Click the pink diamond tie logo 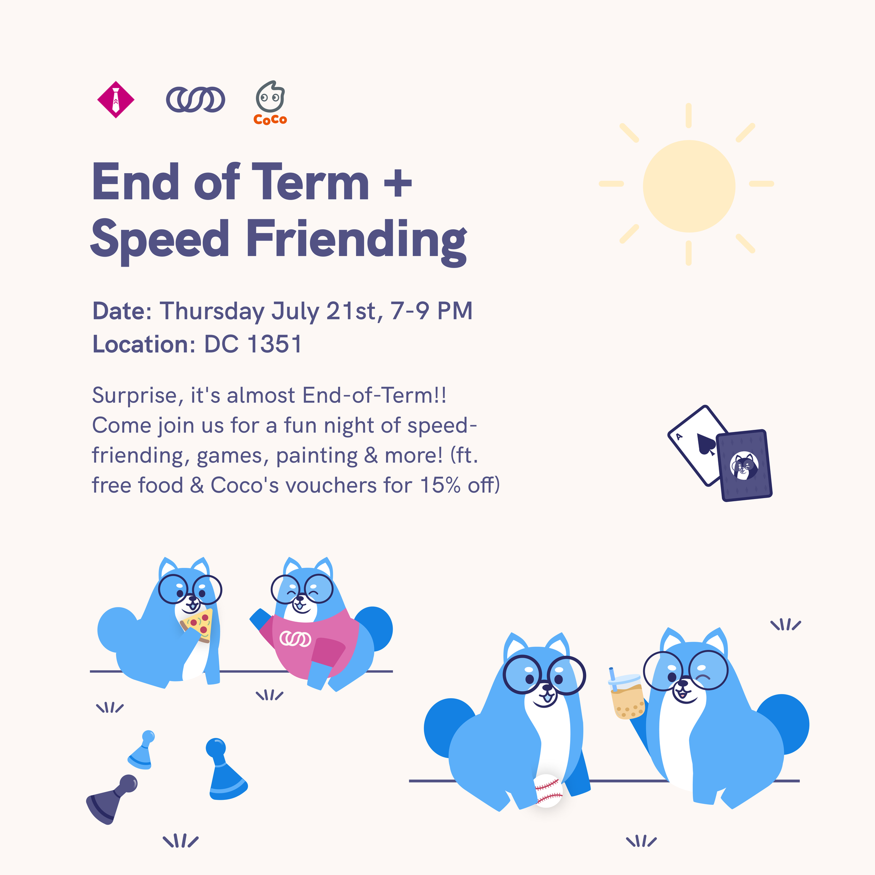coord(116,99)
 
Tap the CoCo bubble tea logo coord(270,103)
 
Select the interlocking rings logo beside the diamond coord(196,99)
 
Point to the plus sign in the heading coord(398,184)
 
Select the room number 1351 coord(275,344)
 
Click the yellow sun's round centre coord(689,186)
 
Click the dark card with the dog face coord(744,465)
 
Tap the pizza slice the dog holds coord(197,625)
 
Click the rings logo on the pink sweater coord(295,639)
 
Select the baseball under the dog coord(548,791)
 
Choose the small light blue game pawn coord(142,750)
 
